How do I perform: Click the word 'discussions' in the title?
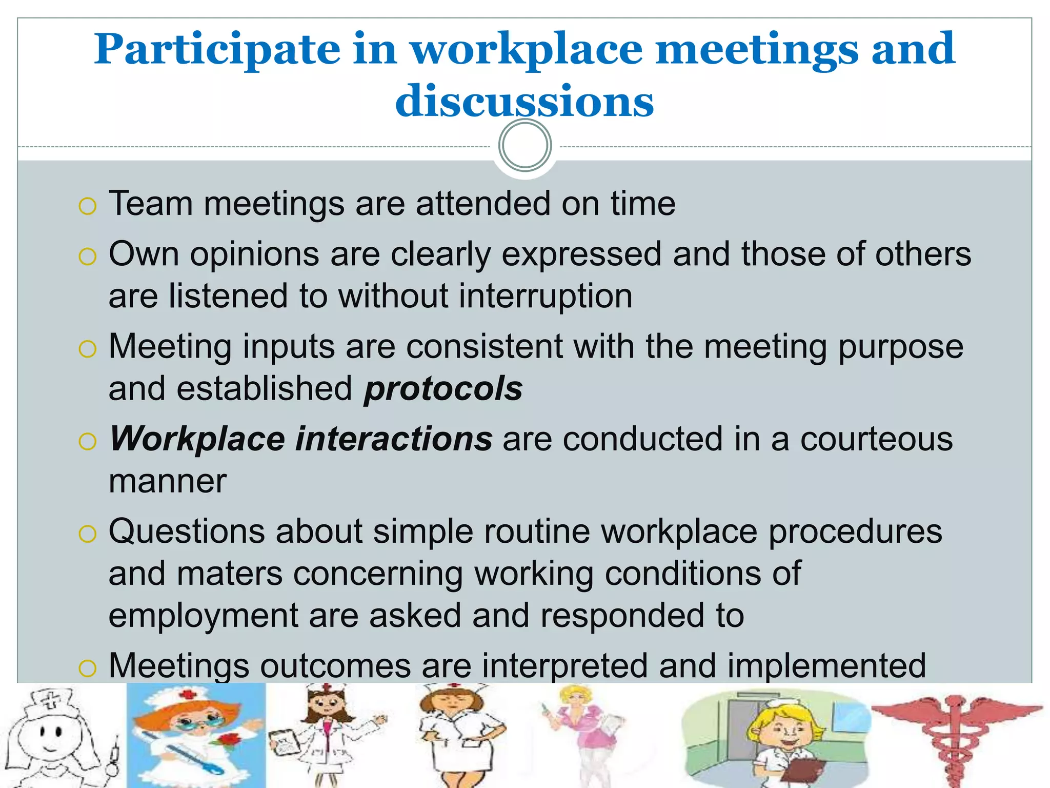tap(524, 101)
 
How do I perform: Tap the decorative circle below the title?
tap(525, 146)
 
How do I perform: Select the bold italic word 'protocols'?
tap(443, 389)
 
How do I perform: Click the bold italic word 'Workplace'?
tap(197, 440)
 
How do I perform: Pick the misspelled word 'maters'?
tap(229, 574)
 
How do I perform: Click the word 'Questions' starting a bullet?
tap(187, 531)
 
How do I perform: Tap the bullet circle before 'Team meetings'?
tap(88, 206)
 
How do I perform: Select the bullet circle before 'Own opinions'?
tap(88, 257)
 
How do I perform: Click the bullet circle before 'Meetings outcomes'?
tap(88, 668)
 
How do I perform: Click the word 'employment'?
tap(203, 616)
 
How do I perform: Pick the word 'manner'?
tap(168, 482)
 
